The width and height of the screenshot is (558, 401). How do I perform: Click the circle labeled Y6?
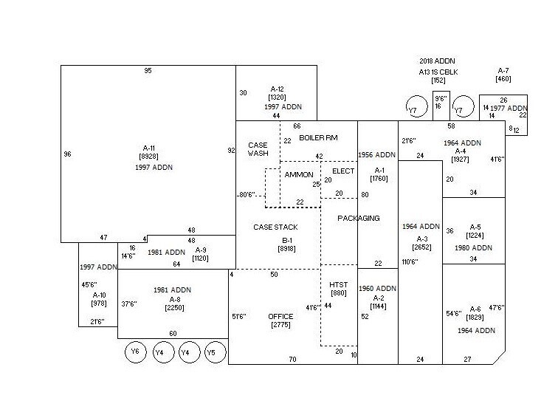[136, 352]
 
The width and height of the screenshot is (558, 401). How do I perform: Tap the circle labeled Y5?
[215, 352]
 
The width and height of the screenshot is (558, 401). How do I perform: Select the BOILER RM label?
[318, 138]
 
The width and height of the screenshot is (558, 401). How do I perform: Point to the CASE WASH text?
[258, 149]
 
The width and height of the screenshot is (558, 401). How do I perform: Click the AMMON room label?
[299, 174]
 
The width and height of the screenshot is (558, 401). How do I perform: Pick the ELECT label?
[343, 171]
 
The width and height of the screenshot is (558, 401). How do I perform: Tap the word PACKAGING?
[359, 219]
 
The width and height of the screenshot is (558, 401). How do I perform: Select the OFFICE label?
[280, 316]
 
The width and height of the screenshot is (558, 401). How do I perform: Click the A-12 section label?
[277, 89]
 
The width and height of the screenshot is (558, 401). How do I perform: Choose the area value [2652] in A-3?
[422, 248]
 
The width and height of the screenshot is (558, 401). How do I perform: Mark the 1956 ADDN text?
[377, 155]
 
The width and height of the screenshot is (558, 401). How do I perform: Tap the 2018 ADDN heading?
[438, 61]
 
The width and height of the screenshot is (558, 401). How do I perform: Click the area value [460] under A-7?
[504, 79]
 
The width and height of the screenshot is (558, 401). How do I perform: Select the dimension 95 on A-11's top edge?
[148, 71]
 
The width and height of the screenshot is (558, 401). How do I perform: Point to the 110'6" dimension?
[410, 262]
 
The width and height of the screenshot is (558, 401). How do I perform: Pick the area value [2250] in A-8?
[174, 308]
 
